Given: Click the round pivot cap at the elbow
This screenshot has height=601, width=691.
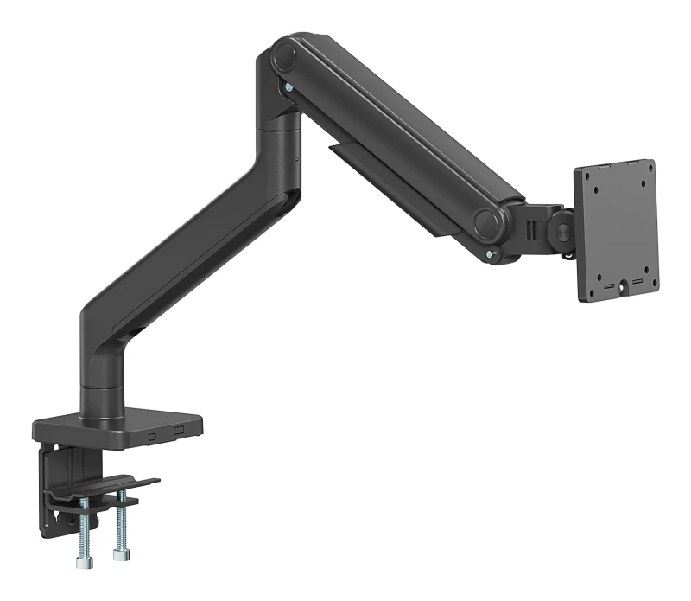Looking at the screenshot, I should click(282, 58).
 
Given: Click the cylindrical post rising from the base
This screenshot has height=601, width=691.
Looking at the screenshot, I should click(102, 393).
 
